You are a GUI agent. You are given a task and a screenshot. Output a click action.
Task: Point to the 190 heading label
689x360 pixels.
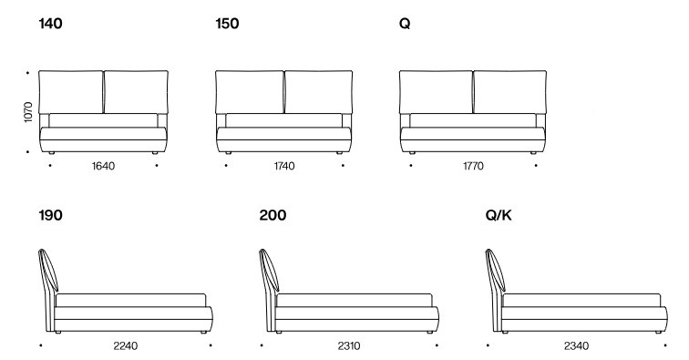[51, 216]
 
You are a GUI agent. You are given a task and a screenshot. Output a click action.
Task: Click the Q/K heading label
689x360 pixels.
[500, 216]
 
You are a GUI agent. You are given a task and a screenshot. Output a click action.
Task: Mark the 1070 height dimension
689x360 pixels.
[29, 113]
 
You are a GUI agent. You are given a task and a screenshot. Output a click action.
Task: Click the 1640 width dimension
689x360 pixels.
[104, 167]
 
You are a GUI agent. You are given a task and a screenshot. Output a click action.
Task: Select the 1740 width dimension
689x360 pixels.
[284, 167]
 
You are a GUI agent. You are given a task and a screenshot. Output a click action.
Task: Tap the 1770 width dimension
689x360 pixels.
[472, 167]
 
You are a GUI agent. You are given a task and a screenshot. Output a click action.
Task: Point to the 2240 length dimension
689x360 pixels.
[127, 346]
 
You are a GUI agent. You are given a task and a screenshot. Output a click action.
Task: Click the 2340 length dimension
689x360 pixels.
[575, 346]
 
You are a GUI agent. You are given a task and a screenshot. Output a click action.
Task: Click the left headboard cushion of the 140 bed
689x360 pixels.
[73, 91]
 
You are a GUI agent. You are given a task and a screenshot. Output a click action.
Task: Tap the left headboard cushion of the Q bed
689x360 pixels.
[437, 91]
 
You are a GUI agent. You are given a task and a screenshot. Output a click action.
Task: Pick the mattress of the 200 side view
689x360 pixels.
[355, 300]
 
